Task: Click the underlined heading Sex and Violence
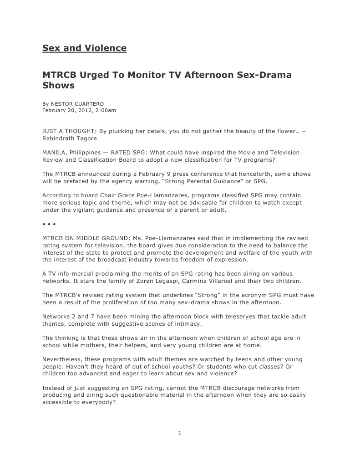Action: (x=84, y=48)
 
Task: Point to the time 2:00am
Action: (x=106, y=110)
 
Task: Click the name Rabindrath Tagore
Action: (x=69, y=138)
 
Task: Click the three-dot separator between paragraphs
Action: (x=49, y=224)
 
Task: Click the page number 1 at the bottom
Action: (x=180, y=433)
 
